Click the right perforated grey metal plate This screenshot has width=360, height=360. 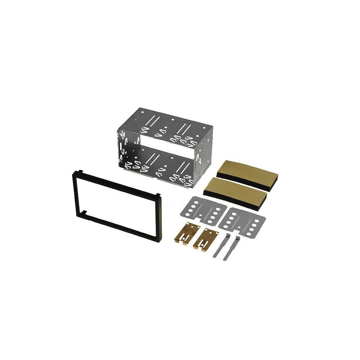[243, 221]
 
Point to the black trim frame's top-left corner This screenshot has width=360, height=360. [73, 174]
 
